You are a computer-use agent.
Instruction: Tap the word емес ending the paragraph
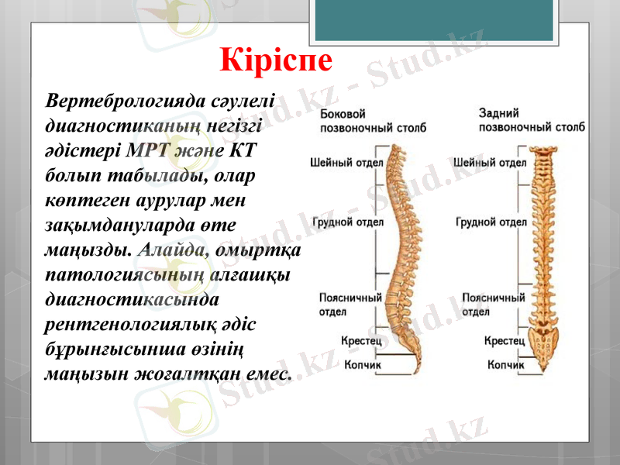(269, 374)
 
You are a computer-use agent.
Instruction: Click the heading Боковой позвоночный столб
(372, 119)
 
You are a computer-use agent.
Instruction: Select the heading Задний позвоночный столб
(531, 119)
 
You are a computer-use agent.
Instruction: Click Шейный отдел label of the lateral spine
(342, 163)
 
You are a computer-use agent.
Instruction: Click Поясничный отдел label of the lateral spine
(350, 304)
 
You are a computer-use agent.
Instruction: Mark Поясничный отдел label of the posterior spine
(493, 304)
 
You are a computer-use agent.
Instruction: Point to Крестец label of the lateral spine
(360, 340)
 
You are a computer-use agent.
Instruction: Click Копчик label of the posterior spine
(505, 364)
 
